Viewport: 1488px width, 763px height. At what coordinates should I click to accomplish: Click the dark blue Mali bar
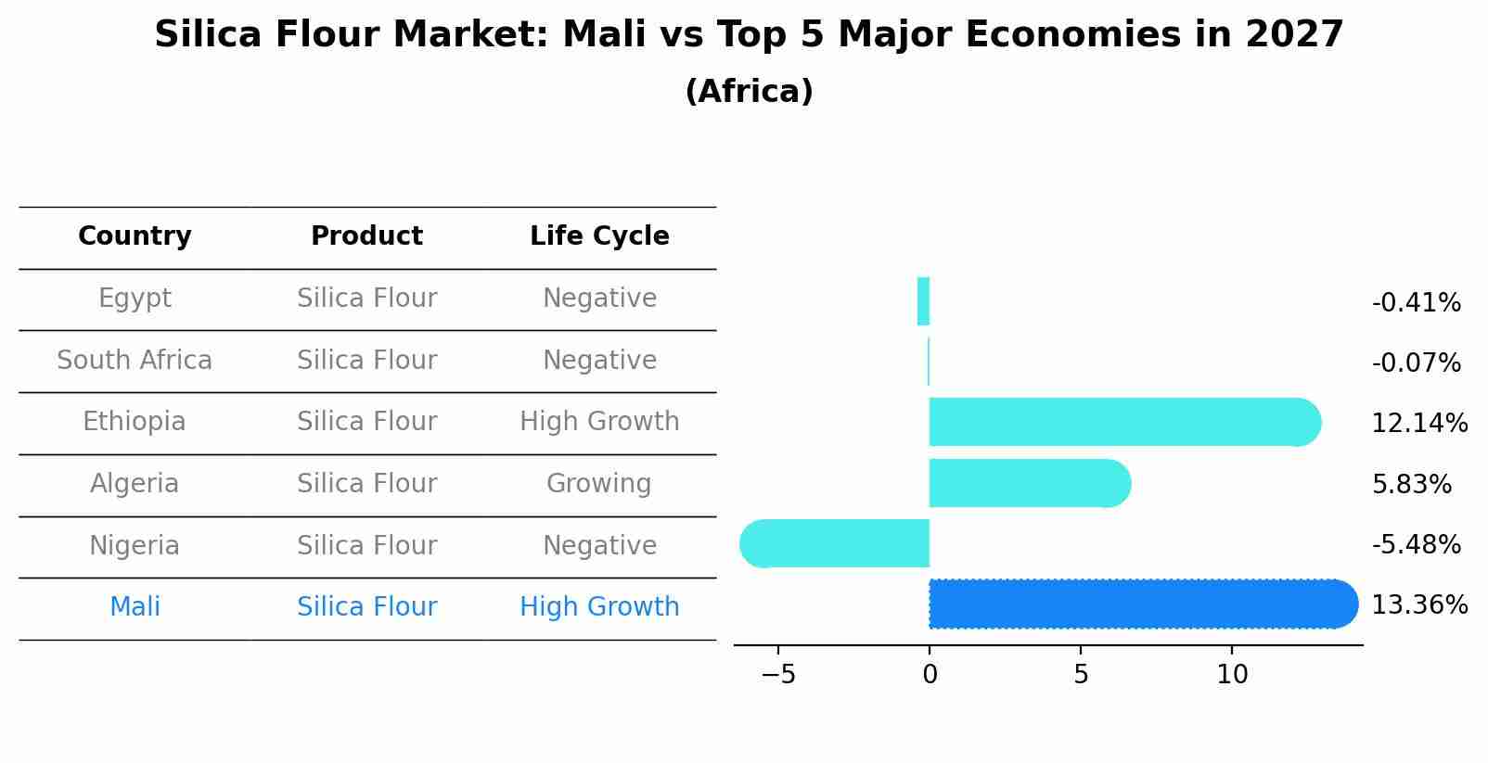pos(1141,604)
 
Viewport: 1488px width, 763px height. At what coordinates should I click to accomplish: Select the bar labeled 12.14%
pos(1122,423)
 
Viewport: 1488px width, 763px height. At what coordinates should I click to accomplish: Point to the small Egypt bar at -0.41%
pos(923,301)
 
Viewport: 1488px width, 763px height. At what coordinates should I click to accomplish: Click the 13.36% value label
pos(1418,605)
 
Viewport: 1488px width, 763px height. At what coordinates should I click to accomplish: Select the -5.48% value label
pos(1416,545)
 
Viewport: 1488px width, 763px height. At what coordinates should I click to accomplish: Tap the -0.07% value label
pos(1416,363)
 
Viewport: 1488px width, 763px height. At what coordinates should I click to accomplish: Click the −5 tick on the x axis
pos(778,675)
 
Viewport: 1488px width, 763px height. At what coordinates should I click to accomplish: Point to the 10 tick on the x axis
pos(1232,675)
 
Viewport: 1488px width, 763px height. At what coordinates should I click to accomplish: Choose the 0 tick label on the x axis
pos(930,675)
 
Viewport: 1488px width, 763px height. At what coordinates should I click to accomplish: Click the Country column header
pos(135,236)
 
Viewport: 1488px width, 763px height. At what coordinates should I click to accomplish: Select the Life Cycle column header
pos(599,236)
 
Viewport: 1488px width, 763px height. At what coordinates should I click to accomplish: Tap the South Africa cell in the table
pos(135,361)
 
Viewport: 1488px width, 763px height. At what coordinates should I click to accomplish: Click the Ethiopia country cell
pos(135,422)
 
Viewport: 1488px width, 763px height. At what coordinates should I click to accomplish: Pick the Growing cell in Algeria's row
pos(598,484)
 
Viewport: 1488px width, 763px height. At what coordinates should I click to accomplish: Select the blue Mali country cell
pos(135,607)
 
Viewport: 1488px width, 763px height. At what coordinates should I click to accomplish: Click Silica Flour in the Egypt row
pos(366,299)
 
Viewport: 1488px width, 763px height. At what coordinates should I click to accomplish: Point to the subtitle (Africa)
pos(749,92)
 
